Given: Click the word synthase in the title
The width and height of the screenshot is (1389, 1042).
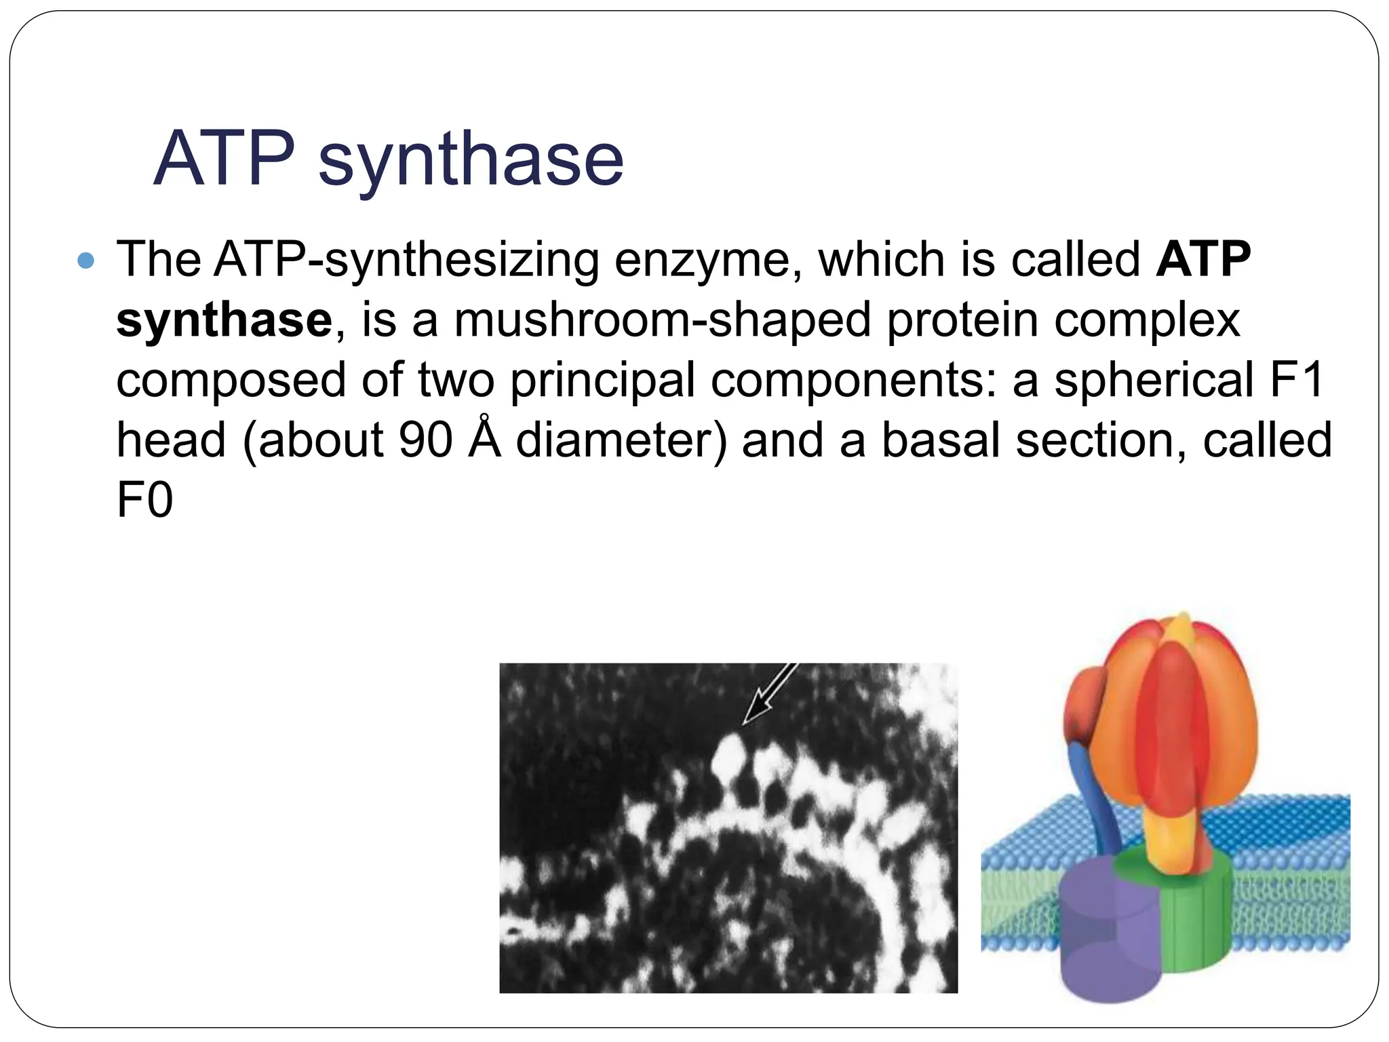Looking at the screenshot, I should (471, 160).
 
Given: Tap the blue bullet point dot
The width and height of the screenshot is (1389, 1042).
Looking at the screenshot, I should (86, 260).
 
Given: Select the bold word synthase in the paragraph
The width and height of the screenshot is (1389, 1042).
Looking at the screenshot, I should (224, 320).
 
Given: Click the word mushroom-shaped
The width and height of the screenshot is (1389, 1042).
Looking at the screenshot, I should (661, 320).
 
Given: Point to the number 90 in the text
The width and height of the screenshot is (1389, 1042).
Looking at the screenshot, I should (425, 440).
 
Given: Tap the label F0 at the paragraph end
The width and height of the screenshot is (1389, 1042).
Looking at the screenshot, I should (144, 501).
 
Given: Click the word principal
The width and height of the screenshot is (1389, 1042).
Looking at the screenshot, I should (602, 380).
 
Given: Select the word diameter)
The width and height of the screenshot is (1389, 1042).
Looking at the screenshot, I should (621, 440).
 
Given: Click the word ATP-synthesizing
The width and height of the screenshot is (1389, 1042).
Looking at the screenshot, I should (406, 260).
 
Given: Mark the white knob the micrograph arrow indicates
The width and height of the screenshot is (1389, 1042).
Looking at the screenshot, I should (730, 758).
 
